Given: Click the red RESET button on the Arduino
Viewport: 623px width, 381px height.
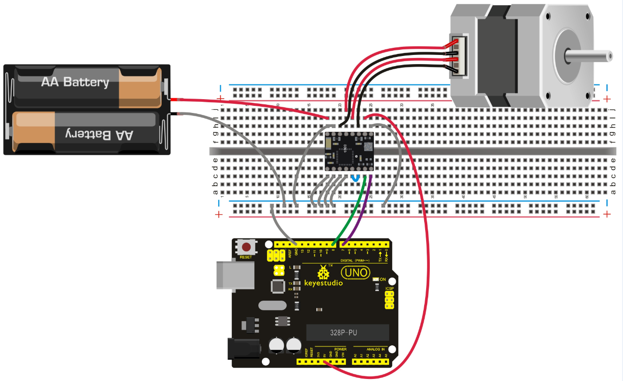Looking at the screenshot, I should tap(246, 248).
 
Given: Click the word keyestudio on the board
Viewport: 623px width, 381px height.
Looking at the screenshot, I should tap(323, 283).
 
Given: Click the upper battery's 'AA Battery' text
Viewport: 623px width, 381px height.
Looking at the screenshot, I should tap(75, 82).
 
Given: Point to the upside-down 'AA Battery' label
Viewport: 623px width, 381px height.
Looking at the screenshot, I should tap(100, 134).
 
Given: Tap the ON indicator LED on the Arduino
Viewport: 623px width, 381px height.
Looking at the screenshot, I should tap(376, 279).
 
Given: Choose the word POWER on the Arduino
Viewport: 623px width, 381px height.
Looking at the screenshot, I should tap(340, 349).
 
